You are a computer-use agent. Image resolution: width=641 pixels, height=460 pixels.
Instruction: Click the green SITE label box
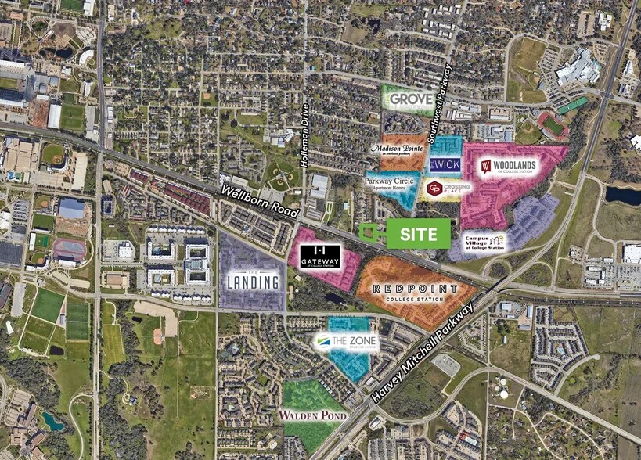pos(418,233)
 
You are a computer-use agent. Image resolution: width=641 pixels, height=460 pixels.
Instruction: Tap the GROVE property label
pos(412,99)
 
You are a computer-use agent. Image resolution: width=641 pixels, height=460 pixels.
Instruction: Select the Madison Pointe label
pos(398,150)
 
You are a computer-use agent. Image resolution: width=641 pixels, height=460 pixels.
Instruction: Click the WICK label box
pos(445,164)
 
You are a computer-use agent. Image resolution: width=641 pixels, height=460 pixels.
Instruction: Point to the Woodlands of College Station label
pos(509,167)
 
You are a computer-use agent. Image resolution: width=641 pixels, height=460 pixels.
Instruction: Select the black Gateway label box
pos(320,257)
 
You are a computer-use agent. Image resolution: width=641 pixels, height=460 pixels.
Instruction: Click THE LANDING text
pos(253,281)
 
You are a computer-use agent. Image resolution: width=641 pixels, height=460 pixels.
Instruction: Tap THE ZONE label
pos(346,342)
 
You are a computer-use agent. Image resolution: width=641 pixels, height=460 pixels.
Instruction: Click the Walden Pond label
pos(313,415)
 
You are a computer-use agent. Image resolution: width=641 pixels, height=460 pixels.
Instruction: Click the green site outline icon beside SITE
pos(369,232)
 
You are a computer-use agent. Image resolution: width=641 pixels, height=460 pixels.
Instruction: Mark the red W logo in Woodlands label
pos(485,167)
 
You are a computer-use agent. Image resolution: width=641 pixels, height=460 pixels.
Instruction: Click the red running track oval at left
pos(70,250)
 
